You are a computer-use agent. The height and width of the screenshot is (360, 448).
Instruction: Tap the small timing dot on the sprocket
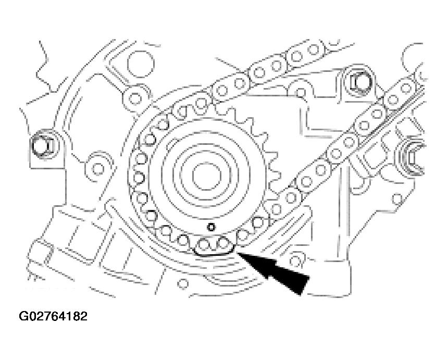[211, 227]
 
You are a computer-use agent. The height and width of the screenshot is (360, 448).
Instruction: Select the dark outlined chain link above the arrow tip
[214, 245]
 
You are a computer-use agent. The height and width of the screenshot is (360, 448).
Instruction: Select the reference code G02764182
[53, 316]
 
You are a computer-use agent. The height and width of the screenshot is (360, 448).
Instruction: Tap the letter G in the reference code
[24, 316]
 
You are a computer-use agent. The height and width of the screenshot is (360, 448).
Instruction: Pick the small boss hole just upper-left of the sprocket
[135, 96]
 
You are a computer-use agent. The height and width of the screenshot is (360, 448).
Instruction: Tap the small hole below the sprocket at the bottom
[182, 283]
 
